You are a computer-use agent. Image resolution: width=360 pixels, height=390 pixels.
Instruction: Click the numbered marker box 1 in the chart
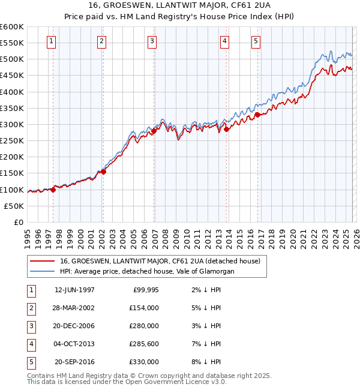point(52,41)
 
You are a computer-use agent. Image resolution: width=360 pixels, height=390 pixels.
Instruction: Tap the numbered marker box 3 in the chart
point(152,41)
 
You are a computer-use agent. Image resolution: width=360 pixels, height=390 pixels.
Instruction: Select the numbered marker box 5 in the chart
point(256,41)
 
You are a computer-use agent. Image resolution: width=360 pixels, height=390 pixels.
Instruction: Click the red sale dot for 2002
point(103,172)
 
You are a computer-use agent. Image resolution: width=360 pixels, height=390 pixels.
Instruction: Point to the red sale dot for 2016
point(257,114)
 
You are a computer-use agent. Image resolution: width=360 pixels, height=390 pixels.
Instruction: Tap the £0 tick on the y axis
point(18,223)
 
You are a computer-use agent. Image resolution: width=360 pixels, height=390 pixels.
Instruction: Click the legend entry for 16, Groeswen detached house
point(160,261)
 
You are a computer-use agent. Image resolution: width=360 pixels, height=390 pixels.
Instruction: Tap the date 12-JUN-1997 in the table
point(74,290)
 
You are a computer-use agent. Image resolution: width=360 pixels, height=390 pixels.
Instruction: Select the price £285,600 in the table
point(144,344)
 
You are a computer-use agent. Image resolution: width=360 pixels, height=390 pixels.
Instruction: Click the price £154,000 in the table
point(144,308)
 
